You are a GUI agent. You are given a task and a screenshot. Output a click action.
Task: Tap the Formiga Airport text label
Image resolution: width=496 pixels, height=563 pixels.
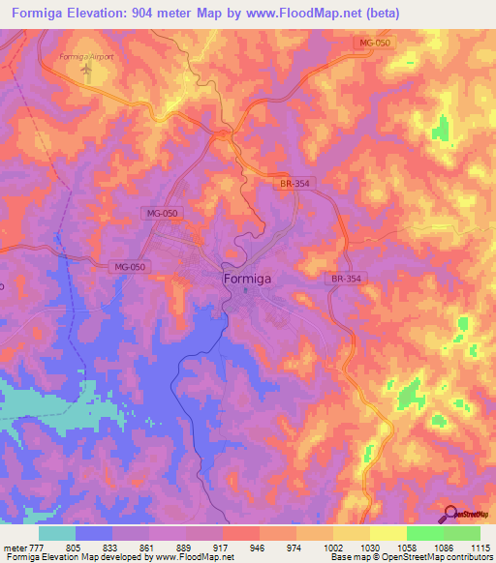tap(86, 57)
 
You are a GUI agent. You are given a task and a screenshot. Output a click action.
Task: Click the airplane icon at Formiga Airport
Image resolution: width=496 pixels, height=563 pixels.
tap(86, 70)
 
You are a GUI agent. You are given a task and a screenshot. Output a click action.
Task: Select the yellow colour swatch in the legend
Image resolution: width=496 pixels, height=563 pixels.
tap(387, 533)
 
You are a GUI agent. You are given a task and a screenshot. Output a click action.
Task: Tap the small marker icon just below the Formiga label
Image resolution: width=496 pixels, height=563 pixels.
tap(246, 289)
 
